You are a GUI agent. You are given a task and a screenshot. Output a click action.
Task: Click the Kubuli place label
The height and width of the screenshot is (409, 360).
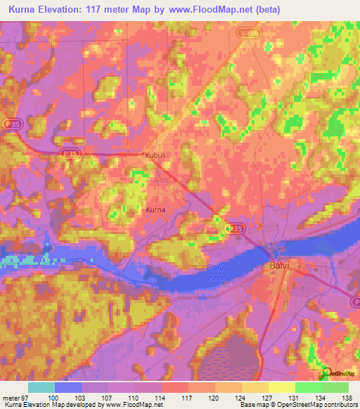click(154, 155)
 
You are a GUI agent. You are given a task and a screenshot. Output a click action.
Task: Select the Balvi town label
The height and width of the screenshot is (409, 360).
click(280, 266)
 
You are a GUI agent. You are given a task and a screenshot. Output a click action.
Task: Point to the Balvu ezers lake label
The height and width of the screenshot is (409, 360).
click(219, 271)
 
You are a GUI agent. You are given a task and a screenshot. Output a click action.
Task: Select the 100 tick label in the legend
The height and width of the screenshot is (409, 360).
click(54, 398)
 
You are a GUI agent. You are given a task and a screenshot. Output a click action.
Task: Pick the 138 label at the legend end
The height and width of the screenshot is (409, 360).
click(348, 398)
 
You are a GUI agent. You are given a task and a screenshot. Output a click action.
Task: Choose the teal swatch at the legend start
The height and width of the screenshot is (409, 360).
click(41, 387)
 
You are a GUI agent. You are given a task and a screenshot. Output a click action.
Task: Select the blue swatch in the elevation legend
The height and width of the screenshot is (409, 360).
click(68, 387)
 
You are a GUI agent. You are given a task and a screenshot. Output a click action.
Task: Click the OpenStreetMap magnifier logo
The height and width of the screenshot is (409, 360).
click(325, 375)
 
